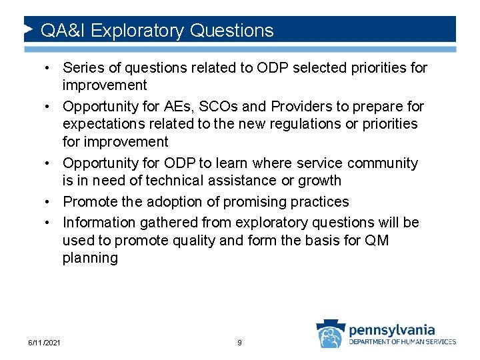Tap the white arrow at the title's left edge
click(x=28, y=30)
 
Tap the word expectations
click(x=103, y=124)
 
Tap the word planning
click(x=90, y=258)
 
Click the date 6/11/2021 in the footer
click(x=45, y=343)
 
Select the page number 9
click(x=239, y=343)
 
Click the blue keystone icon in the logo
click(x=331, y=335)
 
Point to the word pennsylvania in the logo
click(x=392, y=329)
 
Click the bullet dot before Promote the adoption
click(x=51, y=202)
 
